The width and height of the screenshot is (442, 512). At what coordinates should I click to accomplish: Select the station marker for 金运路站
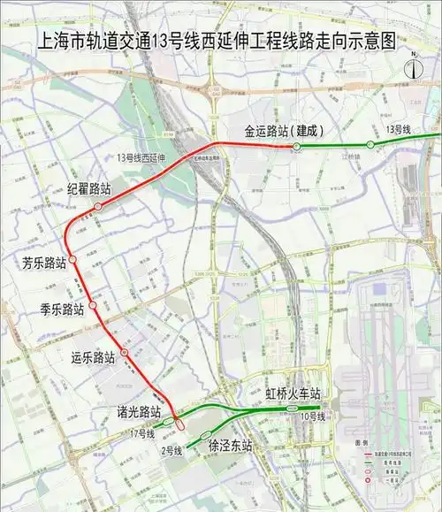297,146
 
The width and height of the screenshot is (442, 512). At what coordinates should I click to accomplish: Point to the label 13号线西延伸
146,157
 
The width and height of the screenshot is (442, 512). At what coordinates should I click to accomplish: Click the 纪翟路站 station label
89,189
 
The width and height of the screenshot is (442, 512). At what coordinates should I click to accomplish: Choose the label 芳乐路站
44,263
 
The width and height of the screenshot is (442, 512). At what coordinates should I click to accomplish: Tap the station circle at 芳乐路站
74,260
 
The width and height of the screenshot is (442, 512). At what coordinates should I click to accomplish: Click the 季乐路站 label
62,309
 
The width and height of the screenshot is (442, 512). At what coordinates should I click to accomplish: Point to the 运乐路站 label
94,358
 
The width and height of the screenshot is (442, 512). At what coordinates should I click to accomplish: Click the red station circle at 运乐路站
125,353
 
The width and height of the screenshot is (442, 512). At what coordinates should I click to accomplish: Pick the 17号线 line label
141,433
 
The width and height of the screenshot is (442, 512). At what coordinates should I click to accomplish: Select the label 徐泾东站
231,447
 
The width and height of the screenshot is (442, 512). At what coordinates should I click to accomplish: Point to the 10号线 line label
312,416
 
